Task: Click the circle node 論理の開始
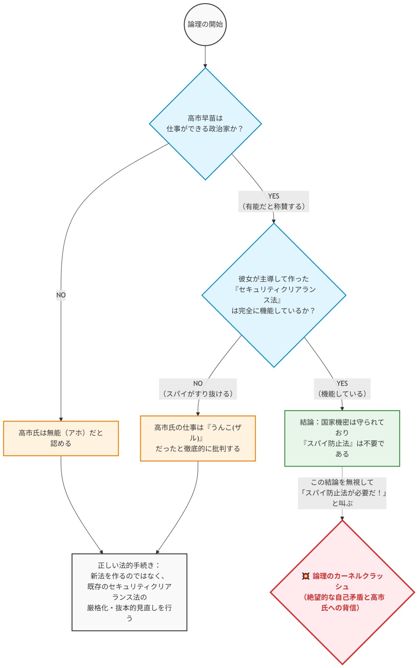[205, 24]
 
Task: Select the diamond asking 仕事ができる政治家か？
[205, 124]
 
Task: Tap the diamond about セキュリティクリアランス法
[274, 295]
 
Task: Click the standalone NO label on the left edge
[61, 295]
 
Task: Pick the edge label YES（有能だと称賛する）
[274, 201]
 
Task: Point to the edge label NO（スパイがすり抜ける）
[198, 389]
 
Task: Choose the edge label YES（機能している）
[342, 389]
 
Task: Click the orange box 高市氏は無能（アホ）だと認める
[61, 438]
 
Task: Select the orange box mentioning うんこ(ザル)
[198, 438]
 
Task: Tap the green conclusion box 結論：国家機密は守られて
[342, 438]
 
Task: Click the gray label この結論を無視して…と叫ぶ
[342, 493]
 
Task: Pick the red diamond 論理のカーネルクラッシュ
[342, 592]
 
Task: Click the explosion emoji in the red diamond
[306, 576]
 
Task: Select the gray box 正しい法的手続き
[129, 592]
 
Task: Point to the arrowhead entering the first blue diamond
[205, 66]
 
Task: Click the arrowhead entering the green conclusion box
[342, 409]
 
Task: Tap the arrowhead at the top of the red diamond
[342, 518]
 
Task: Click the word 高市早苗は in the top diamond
[205, 118]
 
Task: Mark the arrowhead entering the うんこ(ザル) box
[198, 414]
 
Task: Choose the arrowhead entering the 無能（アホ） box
[61, 419]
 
